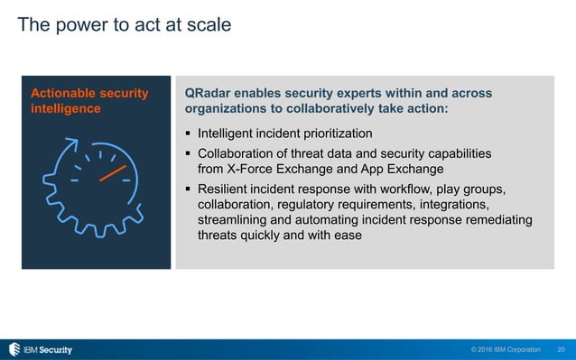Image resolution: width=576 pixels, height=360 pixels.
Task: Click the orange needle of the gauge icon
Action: pos(112,171)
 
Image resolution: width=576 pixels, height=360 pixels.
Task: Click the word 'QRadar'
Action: pos(209,93)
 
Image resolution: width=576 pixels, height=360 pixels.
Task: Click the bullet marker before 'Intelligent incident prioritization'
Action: pos(189,134)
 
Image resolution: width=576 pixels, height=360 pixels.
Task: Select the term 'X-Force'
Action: pos(252,169)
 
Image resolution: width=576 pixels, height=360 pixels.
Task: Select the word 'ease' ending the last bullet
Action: pos(347,235)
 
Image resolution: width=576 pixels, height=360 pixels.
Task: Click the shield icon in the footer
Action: pos(14,349)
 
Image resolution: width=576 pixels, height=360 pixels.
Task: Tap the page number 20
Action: pos(562,349)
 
